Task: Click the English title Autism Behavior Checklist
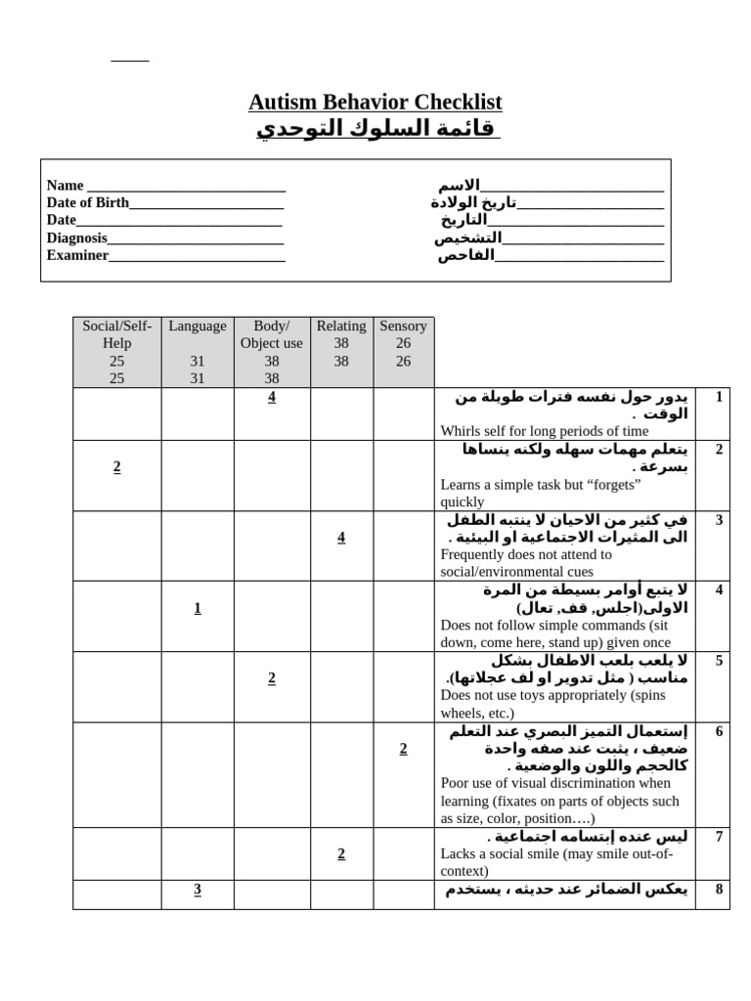click(375, 102)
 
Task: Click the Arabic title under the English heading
click(376, 128)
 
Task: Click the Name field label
click(66, 186)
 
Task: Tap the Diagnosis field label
click(77, 238)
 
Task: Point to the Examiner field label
click(77, 255)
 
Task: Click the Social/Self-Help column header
click(116, 334)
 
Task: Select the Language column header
click(197, 326)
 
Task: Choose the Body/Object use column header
click(271, 334)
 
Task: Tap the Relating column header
click(340, 326)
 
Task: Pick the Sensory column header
click(403, 326)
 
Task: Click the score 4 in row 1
click(272, 397)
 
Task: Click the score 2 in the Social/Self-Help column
click(116, 467)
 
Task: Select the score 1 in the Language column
click(197, 608)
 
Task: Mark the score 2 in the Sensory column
click(403, 749)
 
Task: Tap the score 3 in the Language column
click(197, 889)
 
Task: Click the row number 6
click(719, 731)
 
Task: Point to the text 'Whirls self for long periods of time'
click(544, 431)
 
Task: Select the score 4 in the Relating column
click(340, 538)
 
